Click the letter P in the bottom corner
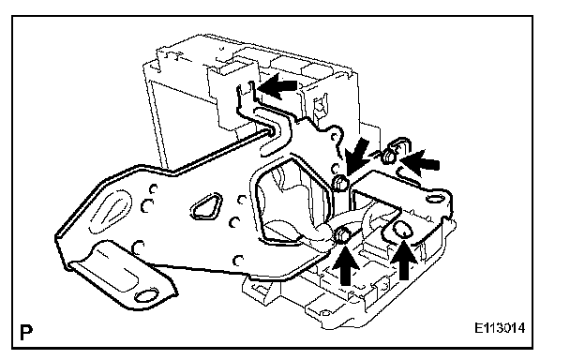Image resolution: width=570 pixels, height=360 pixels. pos(26,333)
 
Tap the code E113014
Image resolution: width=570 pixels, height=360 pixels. pos(500,328)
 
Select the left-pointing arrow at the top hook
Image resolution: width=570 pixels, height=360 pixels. pos(277,86)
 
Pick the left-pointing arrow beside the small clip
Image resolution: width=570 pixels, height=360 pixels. pos(420,163)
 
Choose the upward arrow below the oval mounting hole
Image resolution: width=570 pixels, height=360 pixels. pos(403,261)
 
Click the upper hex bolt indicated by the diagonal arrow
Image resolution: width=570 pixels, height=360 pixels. pos(340,183)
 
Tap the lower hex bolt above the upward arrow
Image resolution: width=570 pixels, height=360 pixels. pos(342,235)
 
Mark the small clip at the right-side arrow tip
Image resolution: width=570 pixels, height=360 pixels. pos(394,150)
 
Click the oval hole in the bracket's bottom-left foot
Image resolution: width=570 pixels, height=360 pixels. pos(146,296)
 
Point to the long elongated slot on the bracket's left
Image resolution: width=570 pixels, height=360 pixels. pos(110,211)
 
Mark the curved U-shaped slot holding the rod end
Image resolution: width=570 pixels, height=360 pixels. pos(277,131)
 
